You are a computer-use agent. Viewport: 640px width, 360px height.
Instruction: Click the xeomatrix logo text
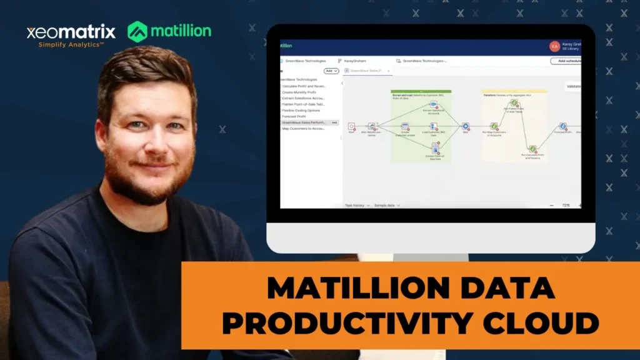(71, 32)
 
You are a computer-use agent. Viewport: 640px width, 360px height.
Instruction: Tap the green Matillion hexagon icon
(137, 31)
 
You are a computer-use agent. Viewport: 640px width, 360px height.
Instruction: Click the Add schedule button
(566, 61)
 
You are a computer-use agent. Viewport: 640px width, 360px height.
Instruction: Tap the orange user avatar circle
(554, 46)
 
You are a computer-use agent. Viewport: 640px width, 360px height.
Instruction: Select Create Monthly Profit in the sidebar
(300, 92)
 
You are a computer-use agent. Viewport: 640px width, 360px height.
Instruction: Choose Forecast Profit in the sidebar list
(294, 116)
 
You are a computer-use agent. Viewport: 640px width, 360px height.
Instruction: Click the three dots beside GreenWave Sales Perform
(334, 122)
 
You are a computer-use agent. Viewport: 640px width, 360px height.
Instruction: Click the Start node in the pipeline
(351, 126)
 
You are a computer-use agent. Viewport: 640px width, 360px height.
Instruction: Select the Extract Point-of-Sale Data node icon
(434, 147)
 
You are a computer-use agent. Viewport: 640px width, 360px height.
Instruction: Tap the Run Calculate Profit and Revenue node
(532, 149)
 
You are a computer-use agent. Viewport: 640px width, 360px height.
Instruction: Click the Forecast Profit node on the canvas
(562, 126)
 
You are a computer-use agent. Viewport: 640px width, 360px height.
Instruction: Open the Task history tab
(354, 205)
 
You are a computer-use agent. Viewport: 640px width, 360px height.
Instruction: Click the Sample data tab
(384, 205)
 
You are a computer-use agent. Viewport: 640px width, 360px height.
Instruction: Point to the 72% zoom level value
(566, 205)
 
